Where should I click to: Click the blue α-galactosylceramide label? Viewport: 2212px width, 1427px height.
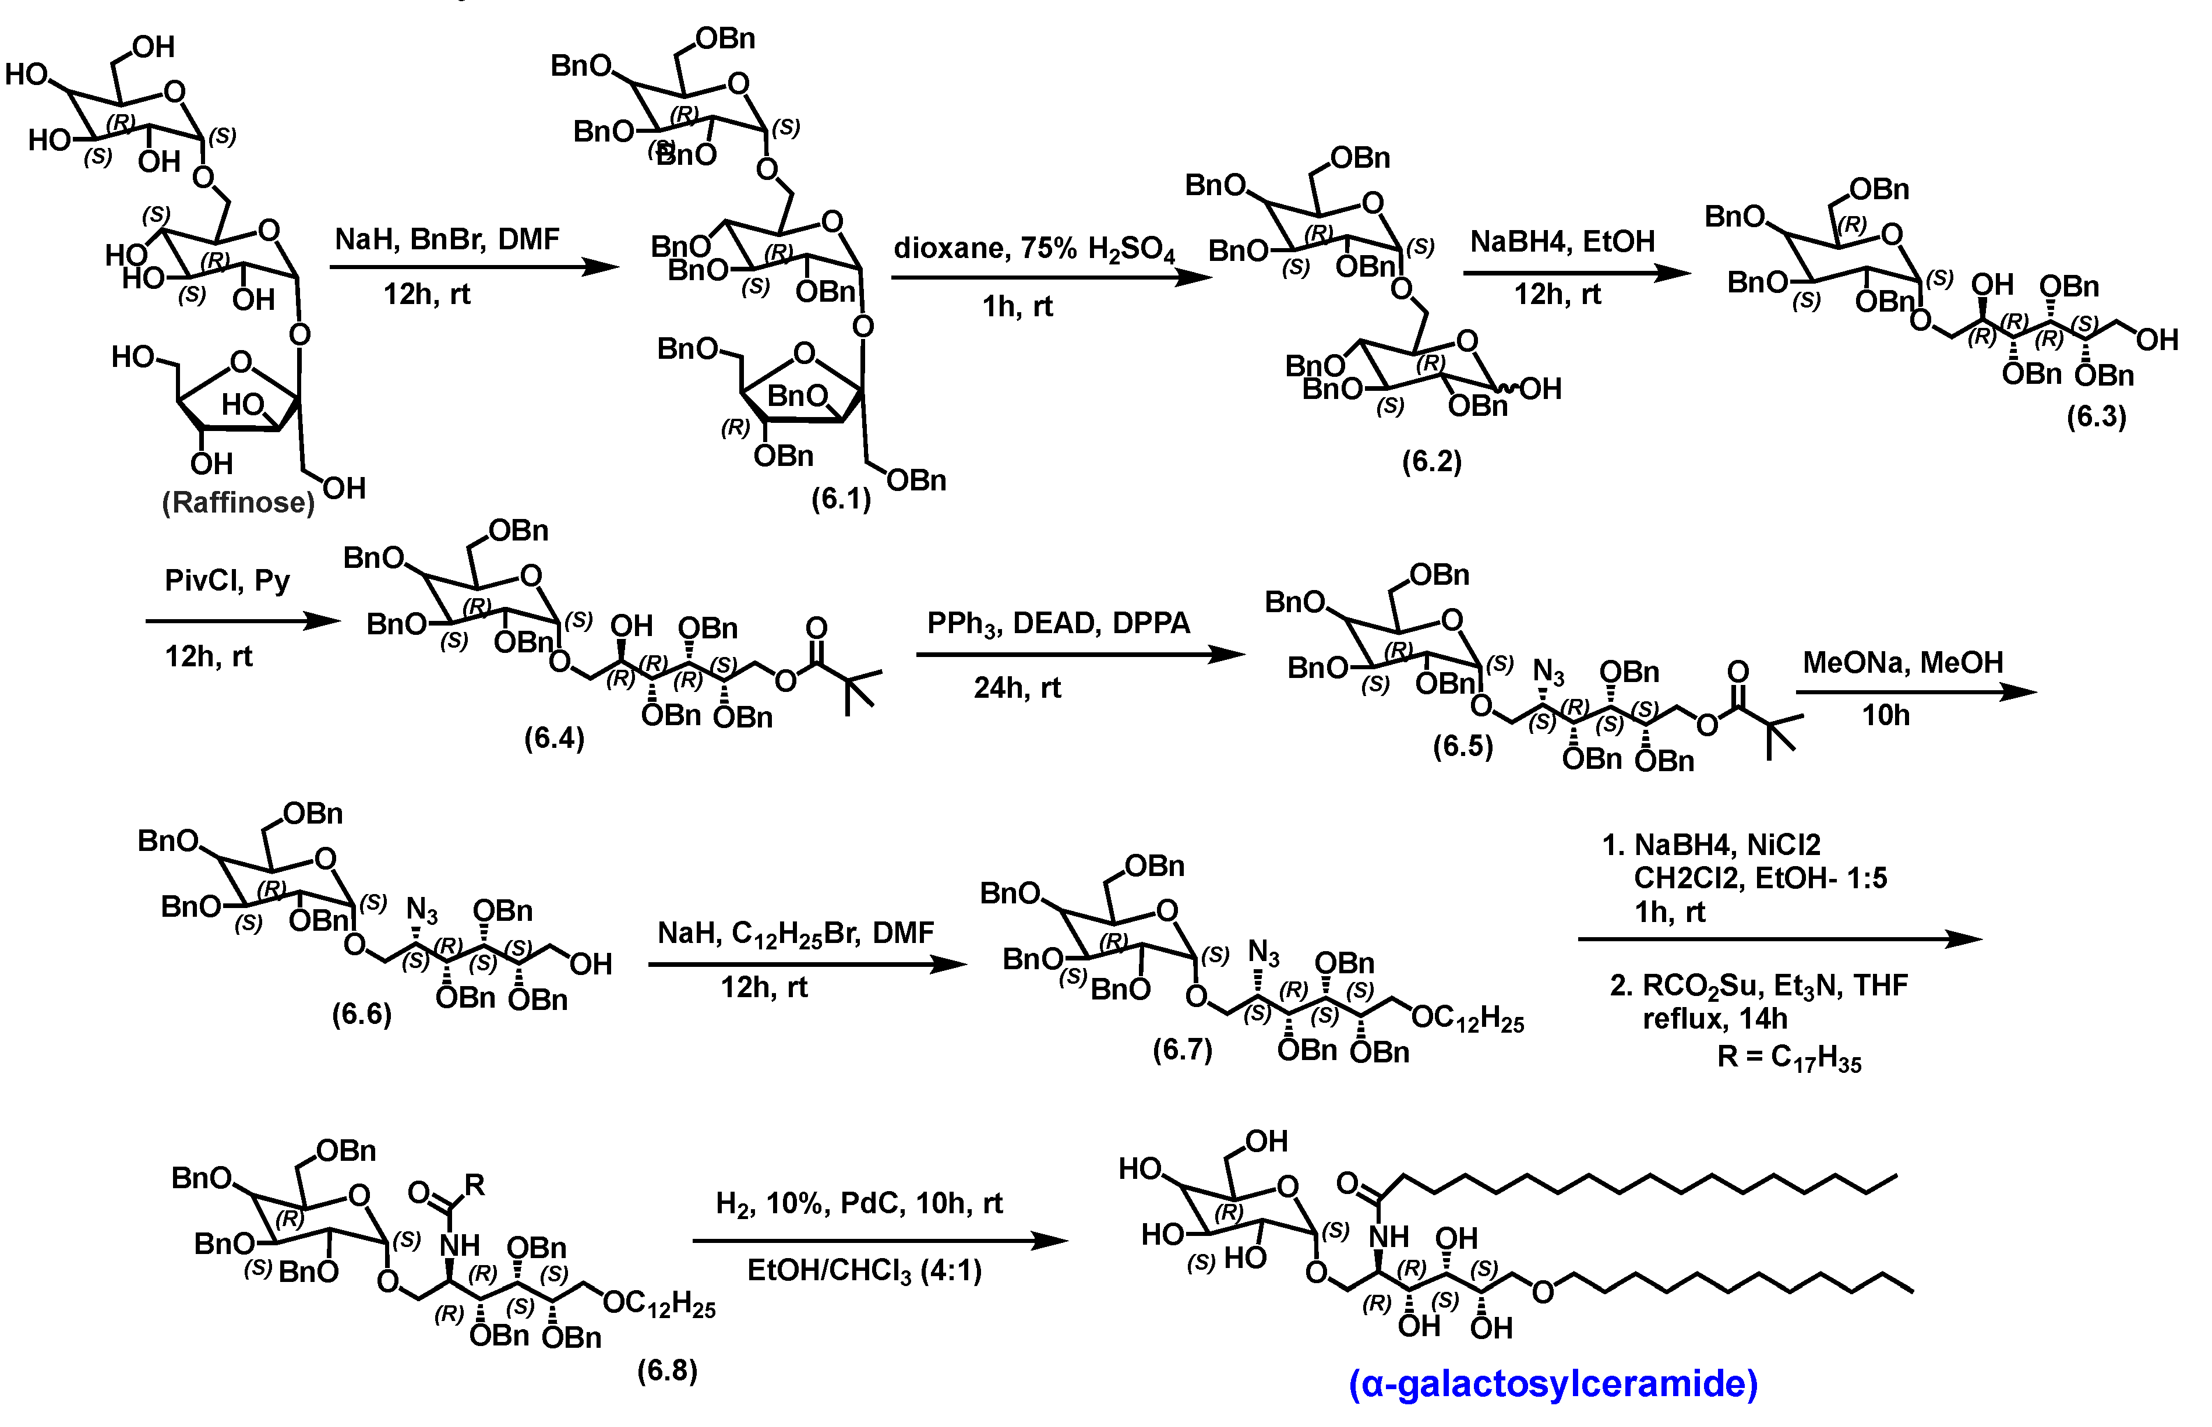click(1553, 1383)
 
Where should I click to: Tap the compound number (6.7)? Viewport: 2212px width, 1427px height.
click(1183, 1049)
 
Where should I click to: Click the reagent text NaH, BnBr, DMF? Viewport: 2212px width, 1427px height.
click(447, 239)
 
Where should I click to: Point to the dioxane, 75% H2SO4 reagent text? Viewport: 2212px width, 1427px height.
click(1033, 248)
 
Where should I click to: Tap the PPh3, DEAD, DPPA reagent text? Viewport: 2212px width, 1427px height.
click(1059, 623)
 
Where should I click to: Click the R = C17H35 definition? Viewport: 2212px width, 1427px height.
click(1788, 1057)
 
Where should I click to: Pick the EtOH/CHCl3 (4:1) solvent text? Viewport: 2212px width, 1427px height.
click(864, 1270)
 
